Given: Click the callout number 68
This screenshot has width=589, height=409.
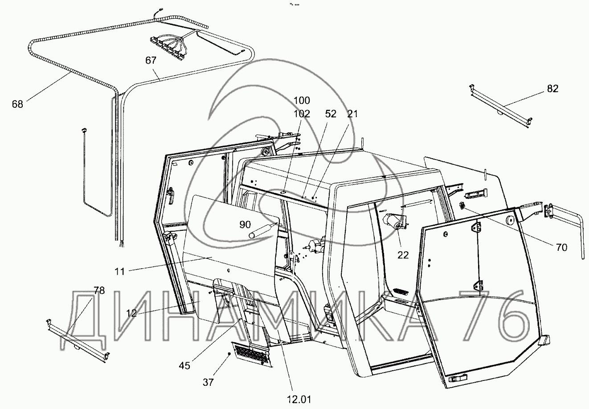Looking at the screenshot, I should (x=18, y=104).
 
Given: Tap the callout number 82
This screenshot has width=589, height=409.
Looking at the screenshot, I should (x=552, y=89).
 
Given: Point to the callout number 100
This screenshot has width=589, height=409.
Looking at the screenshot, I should (x=302, y=100).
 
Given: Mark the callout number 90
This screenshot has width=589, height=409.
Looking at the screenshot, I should (x=245, y=224).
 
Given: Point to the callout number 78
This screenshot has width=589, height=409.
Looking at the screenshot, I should (x=99, y=291).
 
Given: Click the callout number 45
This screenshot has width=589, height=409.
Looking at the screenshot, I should (x=184, y=365).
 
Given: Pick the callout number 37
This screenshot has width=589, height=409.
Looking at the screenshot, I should (x=208, y=382).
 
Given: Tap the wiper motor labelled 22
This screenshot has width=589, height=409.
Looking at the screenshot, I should (x=394, y=221).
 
